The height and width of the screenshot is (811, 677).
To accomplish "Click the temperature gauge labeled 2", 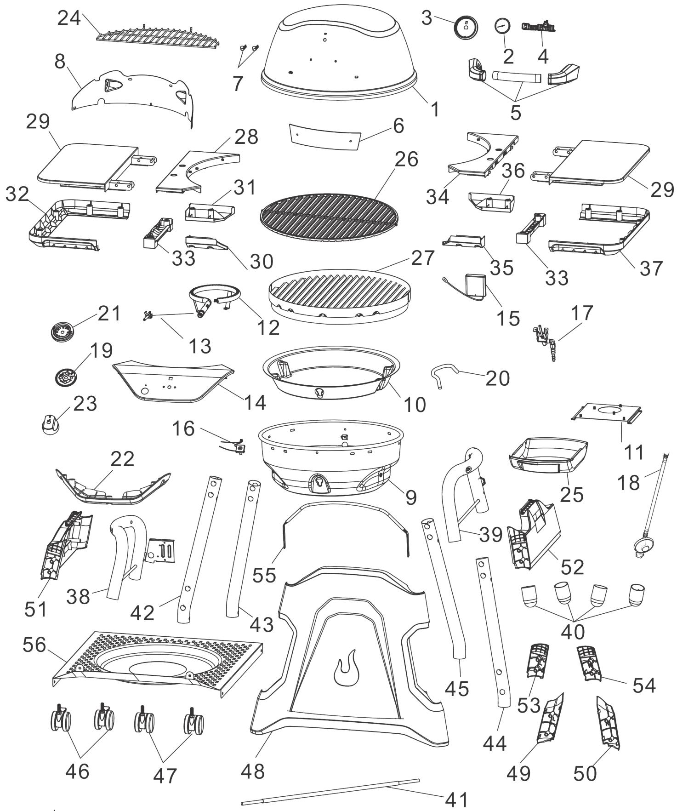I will tap(503, 26).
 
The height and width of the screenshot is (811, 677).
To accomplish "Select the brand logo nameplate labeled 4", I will tap(538, 27).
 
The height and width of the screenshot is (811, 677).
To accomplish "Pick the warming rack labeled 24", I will tap(161, 35).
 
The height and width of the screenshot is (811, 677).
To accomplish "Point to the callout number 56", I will tap(35, 645).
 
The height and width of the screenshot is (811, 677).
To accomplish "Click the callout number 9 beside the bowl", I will tap(410, 497).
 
